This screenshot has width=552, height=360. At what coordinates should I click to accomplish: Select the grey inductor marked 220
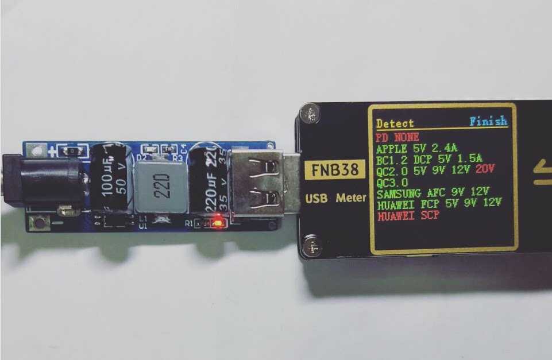tap(161, 187)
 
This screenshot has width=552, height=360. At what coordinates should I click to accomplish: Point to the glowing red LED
tap(218, 222)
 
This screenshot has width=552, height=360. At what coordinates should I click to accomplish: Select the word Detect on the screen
tap(395, 123)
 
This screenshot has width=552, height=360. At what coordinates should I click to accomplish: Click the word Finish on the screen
tap(488, 121)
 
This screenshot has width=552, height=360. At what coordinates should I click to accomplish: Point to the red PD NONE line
tap(397, 137)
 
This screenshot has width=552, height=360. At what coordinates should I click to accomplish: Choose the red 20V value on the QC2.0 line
tap(485, 169)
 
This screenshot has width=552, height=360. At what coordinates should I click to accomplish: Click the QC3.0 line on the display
tap(392, 181)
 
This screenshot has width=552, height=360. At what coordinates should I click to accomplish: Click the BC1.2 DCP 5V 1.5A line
tap(429, 159)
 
